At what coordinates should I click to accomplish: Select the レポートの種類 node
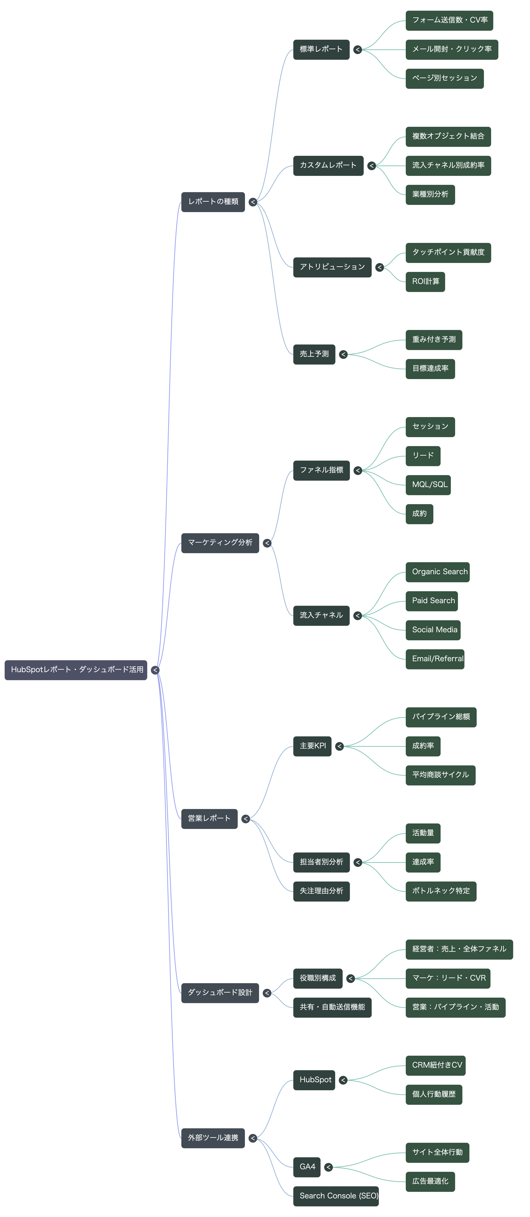(x=213, y=202)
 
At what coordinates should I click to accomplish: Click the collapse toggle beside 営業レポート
(x=246, y=819)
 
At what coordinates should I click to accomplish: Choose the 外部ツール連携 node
(x=213, y=1138)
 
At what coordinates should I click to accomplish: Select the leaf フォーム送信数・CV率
(x=449, y=20)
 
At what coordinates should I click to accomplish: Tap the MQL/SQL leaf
(x=428, y=485)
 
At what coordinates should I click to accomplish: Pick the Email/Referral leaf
(x=435, y=659)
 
